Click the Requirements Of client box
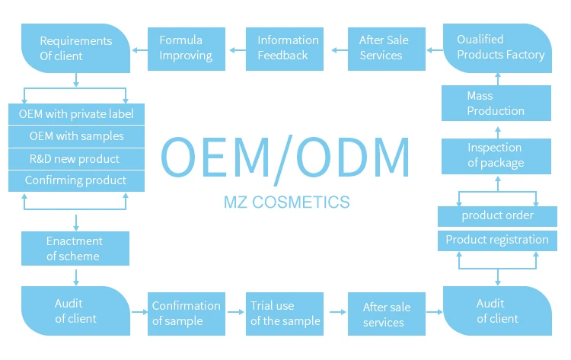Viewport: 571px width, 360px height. pos(75,49)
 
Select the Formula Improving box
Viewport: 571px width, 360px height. pos(187,49)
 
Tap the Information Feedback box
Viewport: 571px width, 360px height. pos(285,49)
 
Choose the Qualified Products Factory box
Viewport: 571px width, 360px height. pos(497,49)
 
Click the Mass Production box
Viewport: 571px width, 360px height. pos(496,103)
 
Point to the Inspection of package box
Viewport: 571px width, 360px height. pos(496,156)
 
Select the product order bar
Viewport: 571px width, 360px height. pos(497,216)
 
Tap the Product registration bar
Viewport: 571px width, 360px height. pos(497,241)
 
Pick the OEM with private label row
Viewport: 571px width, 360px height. pos(76,114)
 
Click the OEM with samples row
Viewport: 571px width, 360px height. pos(76,136)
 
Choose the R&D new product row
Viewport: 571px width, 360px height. pos(76,159)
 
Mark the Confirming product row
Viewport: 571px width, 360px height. pos(76,181)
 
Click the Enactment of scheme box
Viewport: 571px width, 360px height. pos(75,248)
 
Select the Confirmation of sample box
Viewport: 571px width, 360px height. pos(187,314)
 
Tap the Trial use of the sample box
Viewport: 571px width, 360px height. pos(285,314)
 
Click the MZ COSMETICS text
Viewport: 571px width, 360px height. pos(287,202)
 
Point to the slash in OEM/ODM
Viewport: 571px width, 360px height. pos(283,160)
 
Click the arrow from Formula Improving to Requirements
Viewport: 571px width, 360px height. pos(139,50)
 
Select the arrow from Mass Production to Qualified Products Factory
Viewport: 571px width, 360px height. pos(498,79)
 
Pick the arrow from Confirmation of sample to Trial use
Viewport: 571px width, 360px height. pos(235,312)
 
